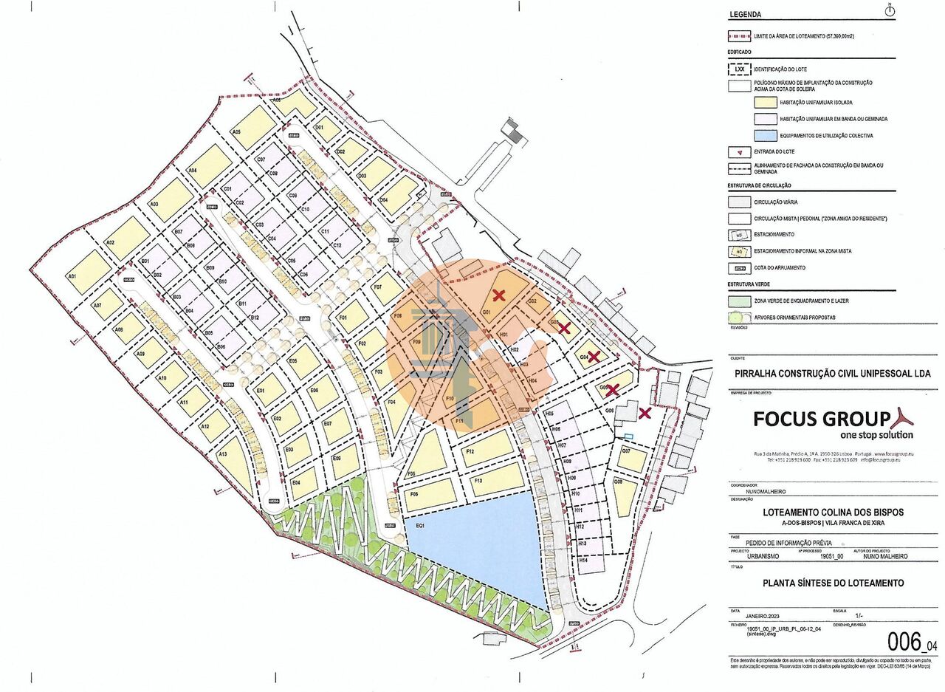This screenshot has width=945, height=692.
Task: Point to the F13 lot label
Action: point(478,481)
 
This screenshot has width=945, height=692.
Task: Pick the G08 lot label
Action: point(618,482)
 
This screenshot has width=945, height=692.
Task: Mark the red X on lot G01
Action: point(499,295)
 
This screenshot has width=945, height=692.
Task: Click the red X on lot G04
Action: point(593,356)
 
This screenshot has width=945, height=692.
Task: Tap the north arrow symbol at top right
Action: point(890,10)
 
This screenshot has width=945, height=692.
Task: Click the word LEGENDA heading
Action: point(745,14)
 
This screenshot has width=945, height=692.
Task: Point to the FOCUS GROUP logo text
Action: point(821,419)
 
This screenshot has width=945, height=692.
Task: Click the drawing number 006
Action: point(904,640)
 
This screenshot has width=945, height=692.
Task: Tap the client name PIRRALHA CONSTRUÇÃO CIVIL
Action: point(833,374)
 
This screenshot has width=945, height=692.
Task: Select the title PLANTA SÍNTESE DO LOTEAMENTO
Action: point(833,583)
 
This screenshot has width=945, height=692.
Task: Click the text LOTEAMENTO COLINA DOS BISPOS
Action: point(833,513)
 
